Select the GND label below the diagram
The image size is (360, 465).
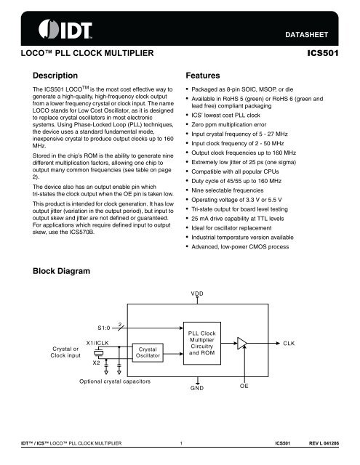(x=198, y=389)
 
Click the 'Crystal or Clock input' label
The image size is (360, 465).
(x=62, y=352)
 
